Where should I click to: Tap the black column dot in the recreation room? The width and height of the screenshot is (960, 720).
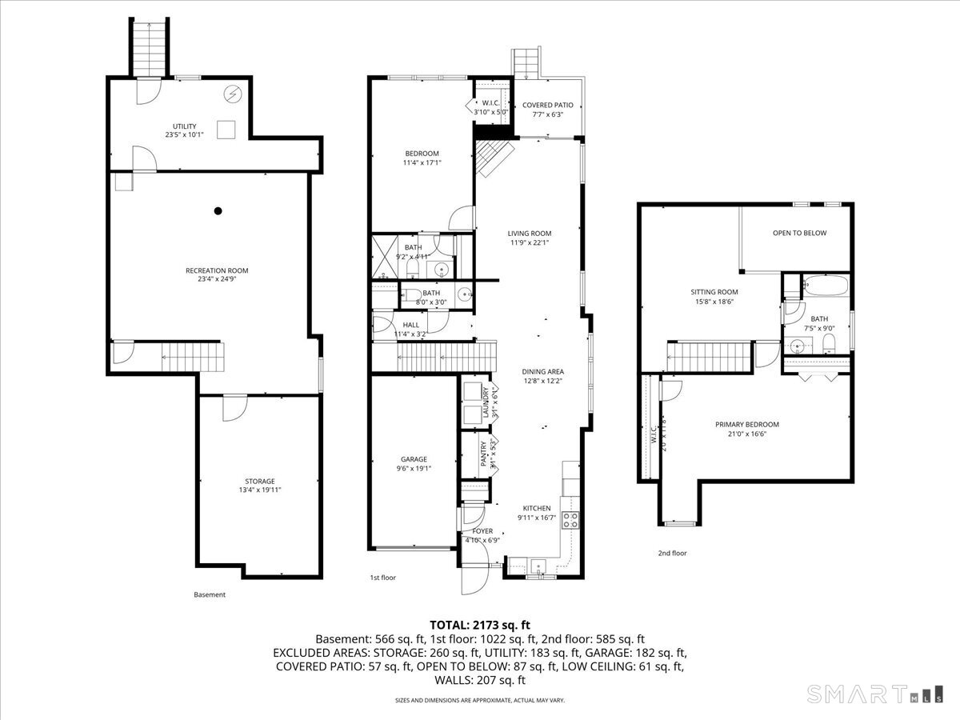point(218,211)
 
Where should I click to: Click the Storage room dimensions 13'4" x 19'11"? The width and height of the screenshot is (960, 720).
point(260,490)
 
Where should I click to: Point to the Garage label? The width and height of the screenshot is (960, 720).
point(414,459)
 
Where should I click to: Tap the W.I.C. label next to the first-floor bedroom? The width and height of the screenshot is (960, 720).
point(490,103)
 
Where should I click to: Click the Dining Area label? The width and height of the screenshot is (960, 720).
point(543,371)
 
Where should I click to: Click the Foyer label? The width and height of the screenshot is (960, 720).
point(482,531)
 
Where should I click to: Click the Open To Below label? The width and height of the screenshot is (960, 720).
point(799,233)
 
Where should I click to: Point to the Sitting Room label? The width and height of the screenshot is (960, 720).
point(714,292)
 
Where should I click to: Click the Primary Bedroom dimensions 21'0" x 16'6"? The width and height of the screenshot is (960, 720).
point(746,434)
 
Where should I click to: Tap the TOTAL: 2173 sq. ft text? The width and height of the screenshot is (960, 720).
point(480,624)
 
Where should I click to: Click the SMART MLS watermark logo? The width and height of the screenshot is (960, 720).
point(875,693)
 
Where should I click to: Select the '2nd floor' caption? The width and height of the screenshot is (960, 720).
point(672,553)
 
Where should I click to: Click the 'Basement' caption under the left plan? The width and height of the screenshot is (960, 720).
point(210,594)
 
